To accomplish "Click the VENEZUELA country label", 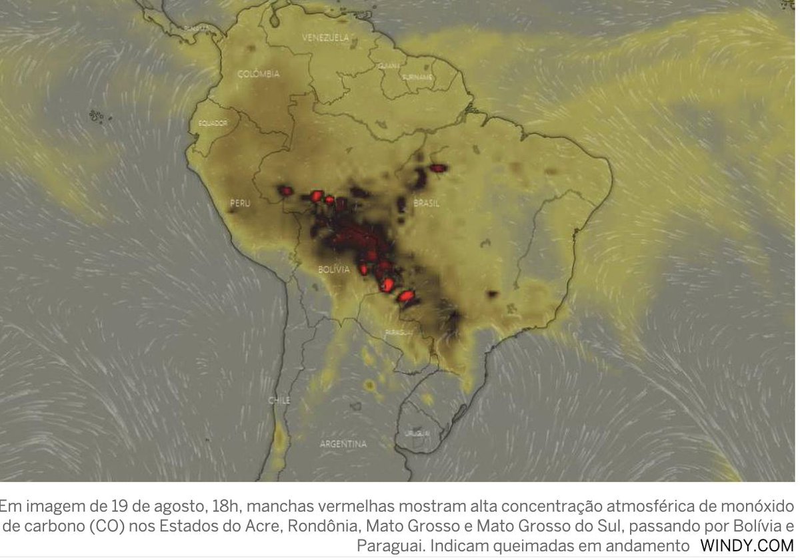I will pyautogui.click(x=325, y=38).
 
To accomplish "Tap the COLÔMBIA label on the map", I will pyautogui.click(x=258, y=74).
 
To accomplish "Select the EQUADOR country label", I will pyautogui.click(x=213, y=123).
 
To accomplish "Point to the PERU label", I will pyautogui.click(x=240, y=203).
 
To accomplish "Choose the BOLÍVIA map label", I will pyautogui.click(x=333, y=269).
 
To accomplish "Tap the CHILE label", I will pyautogui.click(x=279, y=400).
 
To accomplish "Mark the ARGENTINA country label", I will pyautogui.click(x=343, y=443).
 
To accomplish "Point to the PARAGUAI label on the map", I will pyautogui.click(x=399, y=331).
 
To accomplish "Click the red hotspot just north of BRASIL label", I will pyautogui.click(x=437, y=168).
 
